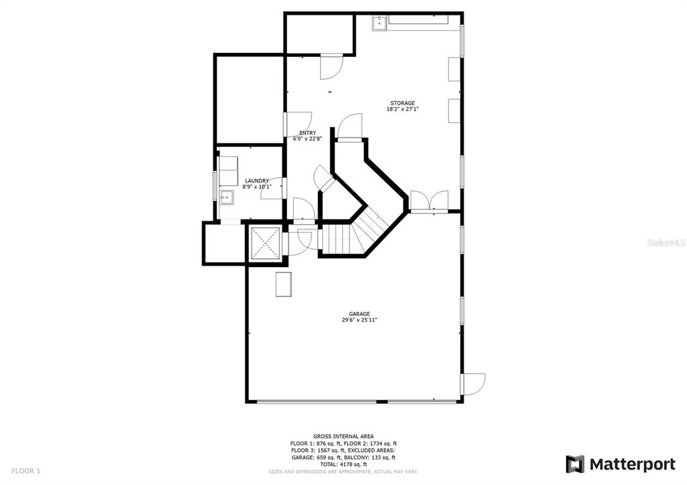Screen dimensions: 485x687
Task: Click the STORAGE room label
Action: (x=403, y=103)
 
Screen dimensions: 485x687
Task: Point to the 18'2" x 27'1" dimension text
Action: (x=403, y=109)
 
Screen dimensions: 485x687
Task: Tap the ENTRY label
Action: (x=307, y=133)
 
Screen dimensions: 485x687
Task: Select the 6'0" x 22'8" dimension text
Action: (x=307, y=139)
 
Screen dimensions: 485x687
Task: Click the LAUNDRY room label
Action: (x=257, y=180)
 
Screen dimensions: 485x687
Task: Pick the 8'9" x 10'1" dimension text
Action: (x=257, y=186)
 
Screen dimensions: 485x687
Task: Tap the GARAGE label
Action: (x=359, y=314)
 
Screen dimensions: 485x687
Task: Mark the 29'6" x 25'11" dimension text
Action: (x=359, y=320)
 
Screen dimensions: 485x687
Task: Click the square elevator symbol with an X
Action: (x=264, y=242)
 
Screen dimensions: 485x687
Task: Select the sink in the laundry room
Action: (x=226, y=197)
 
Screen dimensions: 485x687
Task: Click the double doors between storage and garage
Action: (x=428, y=201)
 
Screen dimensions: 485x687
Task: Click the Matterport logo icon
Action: (x=575, y=464)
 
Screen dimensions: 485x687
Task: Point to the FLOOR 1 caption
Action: (x=26, y=471)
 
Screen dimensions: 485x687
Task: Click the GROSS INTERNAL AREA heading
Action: (x=343, y=436)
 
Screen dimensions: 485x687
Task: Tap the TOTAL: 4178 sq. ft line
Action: (x=343, y=464)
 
